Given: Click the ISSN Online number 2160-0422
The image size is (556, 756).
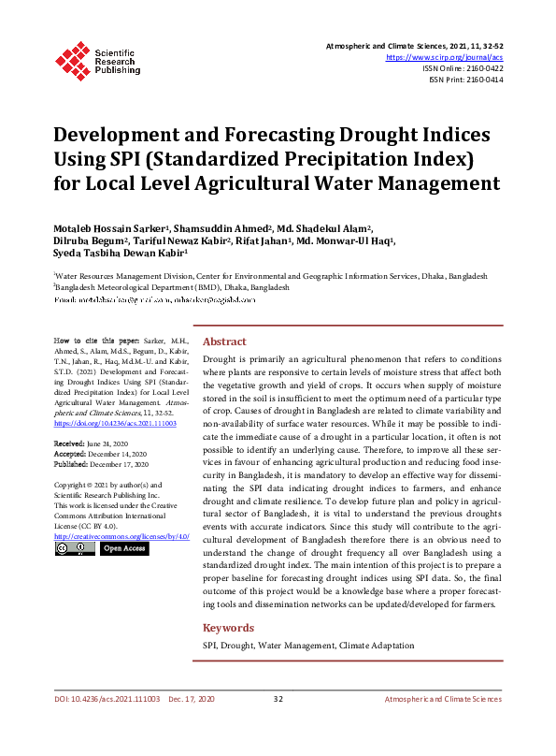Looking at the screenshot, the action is pyautogui.click(x=482, y=68).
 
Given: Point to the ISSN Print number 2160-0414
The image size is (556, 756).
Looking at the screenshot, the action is pyautogui.click(x=482, y=80).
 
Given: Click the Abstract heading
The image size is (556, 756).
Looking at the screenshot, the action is pyautogui.click(x=224, y=342).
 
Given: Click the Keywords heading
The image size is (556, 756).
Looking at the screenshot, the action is pyautogui.click(x=229, y=628).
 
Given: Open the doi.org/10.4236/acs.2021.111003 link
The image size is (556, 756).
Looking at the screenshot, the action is pyautogui.click(x=115, y=423).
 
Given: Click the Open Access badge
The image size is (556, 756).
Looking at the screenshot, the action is pyautogui.click(x=123, y=548).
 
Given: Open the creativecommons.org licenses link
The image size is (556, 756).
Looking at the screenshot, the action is pyautogui.click(x=121, y=535).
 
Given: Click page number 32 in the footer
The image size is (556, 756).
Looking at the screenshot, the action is pyautogui.click(x=278, y=700).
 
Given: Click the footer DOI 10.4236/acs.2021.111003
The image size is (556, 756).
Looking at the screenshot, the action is pyautogui.click(x=107, y=700).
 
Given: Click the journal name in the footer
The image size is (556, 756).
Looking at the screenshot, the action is pyautogui.click(x=443, y=700).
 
